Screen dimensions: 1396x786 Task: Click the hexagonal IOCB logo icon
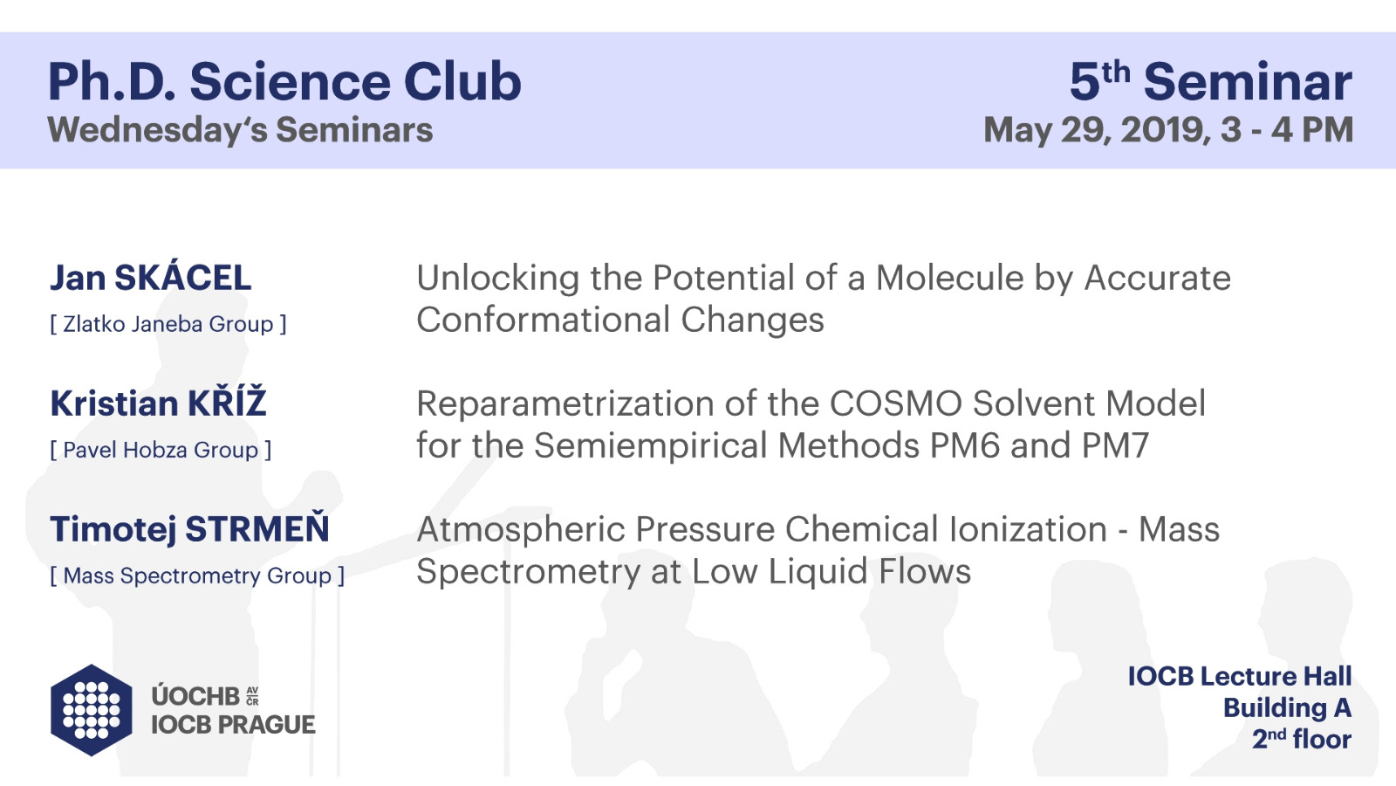(x=91, y=710)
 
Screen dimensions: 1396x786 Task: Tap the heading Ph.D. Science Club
(x=284, y=82)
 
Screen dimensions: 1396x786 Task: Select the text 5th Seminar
(x=1211, y=81)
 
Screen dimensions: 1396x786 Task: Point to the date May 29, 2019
(x=1098, y=130)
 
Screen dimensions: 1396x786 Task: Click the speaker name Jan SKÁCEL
(x=151, y=277)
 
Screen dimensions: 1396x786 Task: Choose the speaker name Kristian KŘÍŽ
(x=158, y=403)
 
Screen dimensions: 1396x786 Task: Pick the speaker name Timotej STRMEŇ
(x=189, y=528)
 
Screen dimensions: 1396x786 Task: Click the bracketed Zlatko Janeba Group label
(x=168, y=324)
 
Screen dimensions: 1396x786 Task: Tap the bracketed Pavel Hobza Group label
(x=161, y=450)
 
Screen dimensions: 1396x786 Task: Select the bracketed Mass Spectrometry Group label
(x=197, y=576)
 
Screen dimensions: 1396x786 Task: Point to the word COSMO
(x=895, y=403)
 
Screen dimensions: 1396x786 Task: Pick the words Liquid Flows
(x=869, y=572)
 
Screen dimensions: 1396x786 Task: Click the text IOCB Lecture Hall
(x=1240, y=677)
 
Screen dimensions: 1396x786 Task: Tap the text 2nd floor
(x=1302, y=739)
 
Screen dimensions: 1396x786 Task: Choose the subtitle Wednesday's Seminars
(x=240, y=130)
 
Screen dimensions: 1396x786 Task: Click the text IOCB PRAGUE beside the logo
(x=233, y=725)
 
